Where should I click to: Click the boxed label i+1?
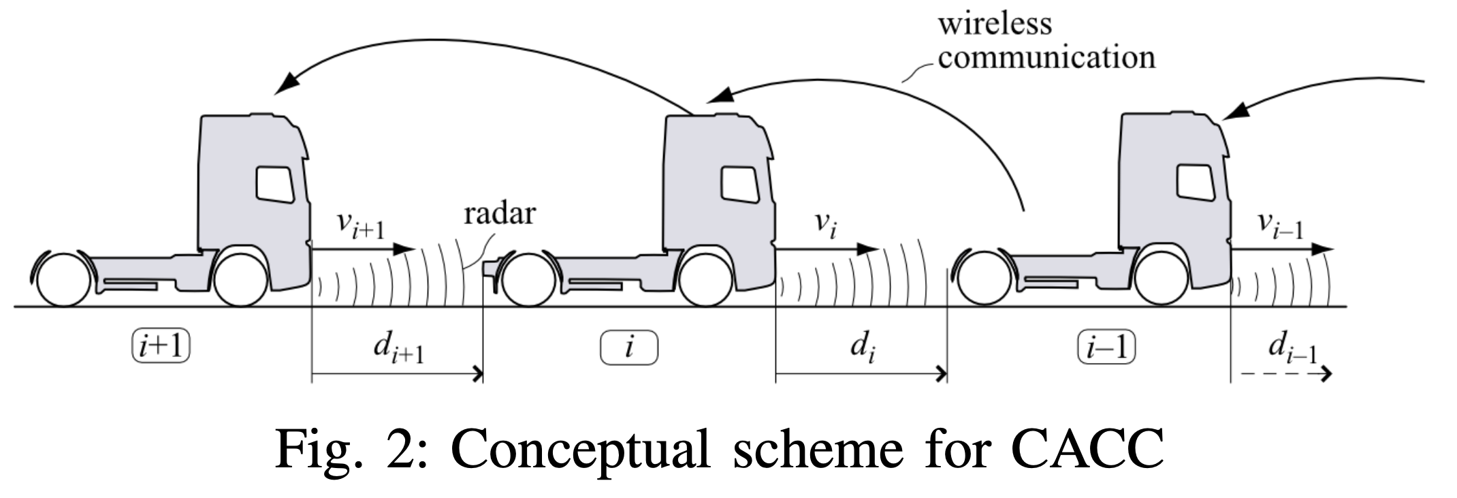(x=161, y=347)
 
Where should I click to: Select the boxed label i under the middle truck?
(x=629, y=347)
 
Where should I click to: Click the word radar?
(x=500, y=213)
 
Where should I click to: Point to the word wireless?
(x=995, y=24)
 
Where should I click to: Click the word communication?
(x=1046, y=57)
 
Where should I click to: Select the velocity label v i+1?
(x=360, y=225)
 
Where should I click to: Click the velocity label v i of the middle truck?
(x=825, y=225)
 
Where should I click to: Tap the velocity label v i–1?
(x=1280, y=225)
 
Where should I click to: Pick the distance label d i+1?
(x=398, y=349)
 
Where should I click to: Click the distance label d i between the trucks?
(x=861, y=349)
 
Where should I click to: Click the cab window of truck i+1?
(x=275, y=183)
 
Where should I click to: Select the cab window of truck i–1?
(x=1196, y=181)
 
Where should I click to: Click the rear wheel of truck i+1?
(x=63, y=280)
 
